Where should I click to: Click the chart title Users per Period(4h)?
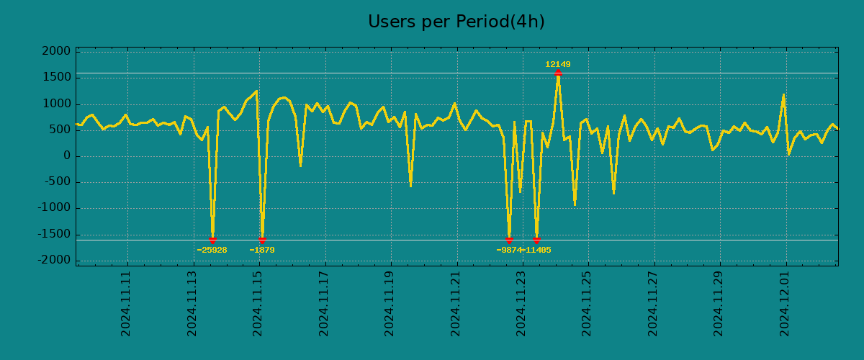pyautogui.click(x=456, y=22)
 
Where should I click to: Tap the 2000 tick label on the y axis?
pyautogui.click(x=57, y=51)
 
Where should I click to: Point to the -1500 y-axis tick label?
pyautogui.click(x=55, y=234)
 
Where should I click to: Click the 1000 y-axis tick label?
pyautogui.click(x=57, y=104)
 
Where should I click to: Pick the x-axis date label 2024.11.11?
pyautogui.click(x=126, y=303)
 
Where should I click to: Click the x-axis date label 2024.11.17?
pyautogui.click(x=324, y=303)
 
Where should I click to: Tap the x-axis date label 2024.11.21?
pyautogui.click(x=456, y=303)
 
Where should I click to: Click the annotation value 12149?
pyautogui.click(x=557, y=65)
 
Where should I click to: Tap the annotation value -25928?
pyautogui.click(x=212, y=251)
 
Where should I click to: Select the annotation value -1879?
pyautogui.click(x=262, y=251)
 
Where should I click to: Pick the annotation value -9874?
pyautogui.click(x=509, y=251)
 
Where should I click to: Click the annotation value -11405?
pyautogui.click(x=538, y=251)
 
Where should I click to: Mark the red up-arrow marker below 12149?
pyautogui.click(x=558, y=73)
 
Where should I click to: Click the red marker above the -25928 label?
pyautogui.click(x=212, y=240)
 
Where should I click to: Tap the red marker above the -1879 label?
pyautogui.click(x=262, y=240)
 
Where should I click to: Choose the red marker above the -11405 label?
pyautogui.click(x=536, y=240)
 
